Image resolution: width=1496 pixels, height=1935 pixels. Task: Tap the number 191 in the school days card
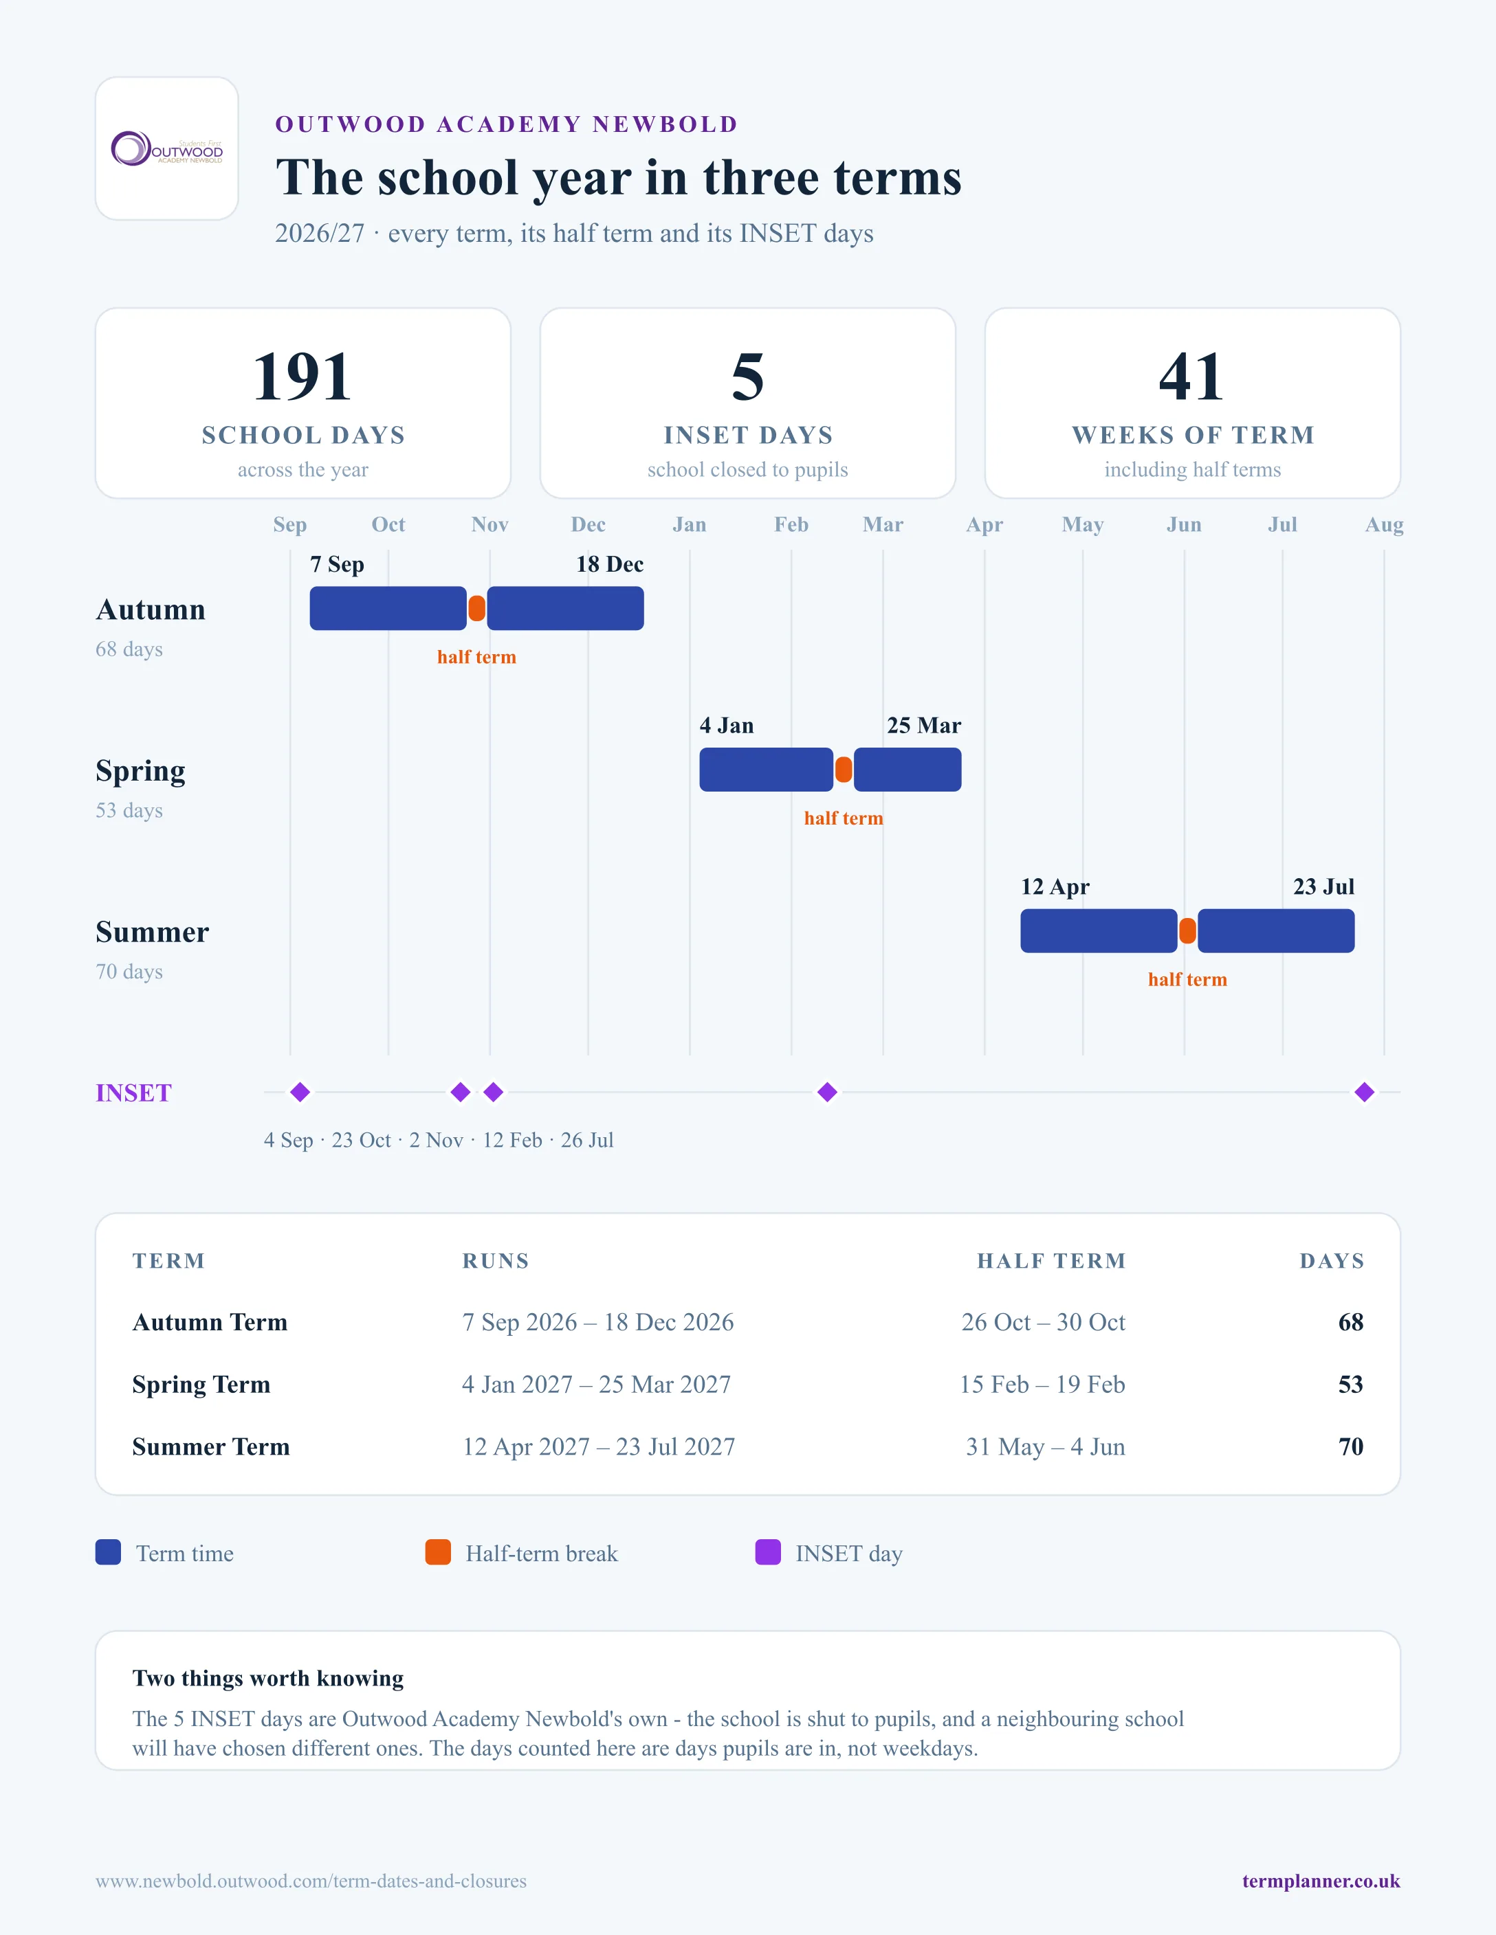(302, 377)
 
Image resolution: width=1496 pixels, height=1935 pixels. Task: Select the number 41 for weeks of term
(1192, 377)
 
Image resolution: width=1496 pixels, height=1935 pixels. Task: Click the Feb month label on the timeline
(791, 524)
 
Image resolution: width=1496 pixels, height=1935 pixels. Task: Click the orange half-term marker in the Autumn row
(477, 609)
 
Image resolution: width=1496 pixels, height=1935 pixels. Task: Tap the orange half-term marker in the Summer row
(1187, 931)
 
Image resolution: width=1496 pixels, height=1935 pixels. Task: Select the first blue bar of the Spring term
(767, 770)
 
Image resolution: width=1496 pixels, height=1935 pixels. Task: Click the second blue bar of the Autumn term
(565, 609)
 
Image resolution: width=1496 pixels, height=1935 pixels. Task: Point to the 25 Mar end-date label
(923, 726)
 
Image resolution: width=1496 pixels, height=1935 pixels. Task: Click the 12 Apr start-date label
(1055, 887)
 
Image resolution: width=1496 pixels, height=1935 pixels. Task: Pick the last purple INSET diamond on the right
(1365, 1093)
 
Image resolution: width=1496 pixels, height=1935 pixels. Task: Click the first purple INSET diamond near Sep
(300, 1093)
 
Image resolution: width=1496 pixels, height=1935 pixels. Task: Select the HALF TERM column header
(1051, 1261)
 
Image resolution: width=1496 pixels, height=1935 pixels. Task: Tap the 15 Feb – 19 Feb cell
(1042, 1385)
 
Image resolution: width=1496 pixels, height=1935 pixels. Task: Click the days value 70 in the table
(1351, 1447)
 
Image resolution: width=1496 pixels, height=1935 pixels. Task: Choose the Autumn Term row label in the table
(210, 1323)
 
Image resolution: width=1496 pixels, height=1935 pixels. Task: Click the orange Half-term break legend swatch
(438, 1552)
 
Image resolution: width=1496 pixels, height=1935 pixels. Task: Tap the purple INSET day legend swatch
(767, 1552)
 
